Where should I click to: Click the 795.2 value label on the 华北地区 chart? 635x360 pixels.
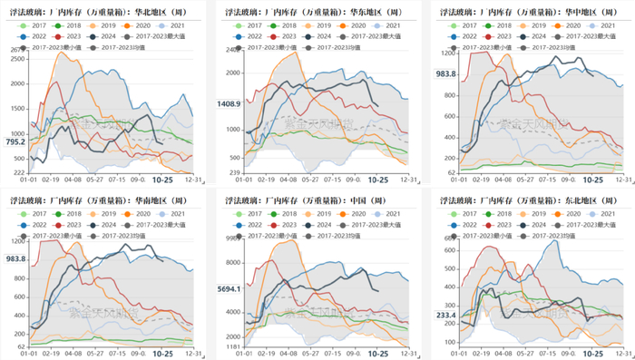(x=15, y=142)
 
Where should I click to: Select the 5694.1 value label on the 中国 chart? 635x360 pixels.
(x=229, y=288)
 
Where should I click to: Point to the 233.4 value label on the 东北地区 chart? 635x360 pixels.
(x=444, y=316)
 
